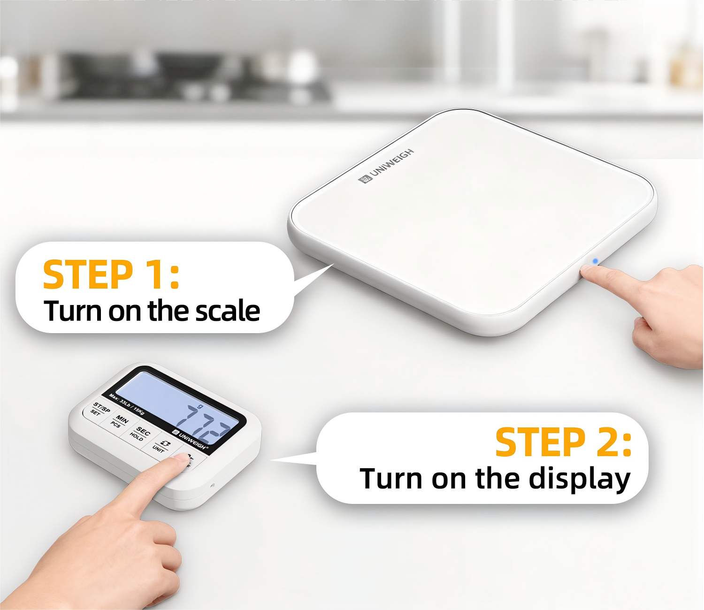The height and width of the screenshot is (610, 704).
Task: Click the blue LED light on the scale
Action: pos(595,261)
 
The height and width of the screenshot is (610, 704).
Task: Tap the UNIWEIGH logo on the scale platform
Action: pos(386,166)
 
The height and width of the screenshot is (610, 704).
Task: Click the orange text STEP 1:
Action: pos(111,275)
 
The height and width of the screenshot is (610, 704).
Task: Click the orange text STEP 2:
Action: pos(563,442)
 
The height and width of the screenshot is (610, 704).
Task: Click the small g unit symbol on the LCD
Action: pos(200,406)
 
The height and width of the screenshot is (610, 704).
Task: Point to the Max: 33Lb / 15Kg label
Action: pos(127,404)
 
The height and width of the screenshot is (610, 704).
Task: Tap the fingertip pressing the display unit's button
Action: pos(178,460)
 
